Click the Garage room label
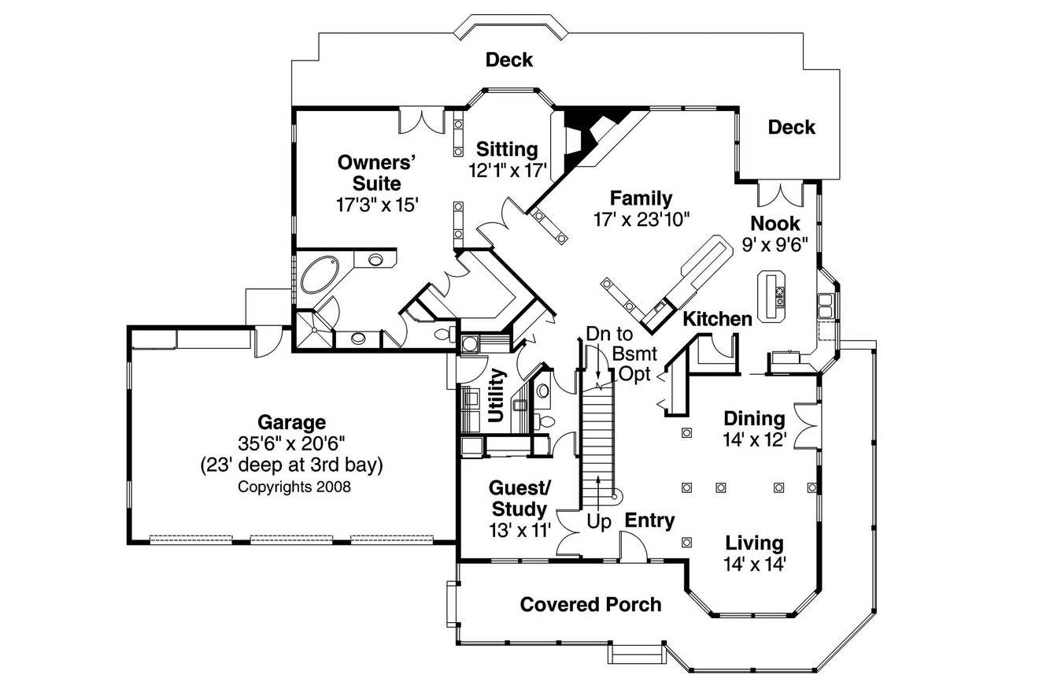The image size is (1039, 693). [x=291, y=422]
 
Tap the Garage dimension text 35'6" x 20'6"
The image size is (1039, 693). [x=291, y=443]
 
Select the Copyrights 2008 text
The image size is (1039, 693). [x=294, y=487]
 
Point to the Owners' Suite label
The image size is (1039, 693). [x=376, y=173]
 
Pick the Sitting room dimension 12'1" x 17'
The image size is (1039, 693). [x=508, y=170]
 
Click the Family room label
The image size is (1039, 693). [x=641, y=198]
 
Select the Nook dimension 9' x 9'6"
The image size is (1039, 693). [x=775, y=245]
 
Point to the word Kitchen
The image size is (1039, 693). [x=716, y=319]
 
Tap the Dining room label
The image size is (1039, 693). [x=754, y=418]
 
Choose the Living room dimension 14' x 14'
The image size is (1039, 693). [x=754, y=564]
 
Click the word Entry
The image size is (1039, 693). [x=649, y=521]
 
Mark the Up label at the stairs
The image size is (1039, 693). [x=599, y=522]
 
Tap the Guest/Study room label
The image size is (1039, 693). [x=519, y=497]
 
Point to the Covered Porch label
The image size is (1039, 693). [x=590, y=605]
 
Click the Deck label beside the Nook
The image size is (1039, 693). [x=791, y=127]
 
